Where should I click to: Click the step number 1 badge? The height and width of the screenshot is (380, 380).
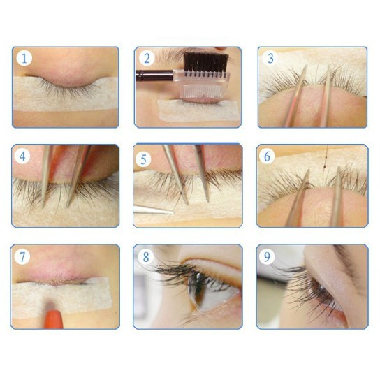click(x=24, y=59)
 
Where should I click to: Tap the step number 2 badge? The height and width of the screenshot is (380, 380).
click(x=147, y=59)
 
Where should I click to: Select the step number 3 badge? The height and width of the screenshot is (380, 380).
click(x=270, y=58)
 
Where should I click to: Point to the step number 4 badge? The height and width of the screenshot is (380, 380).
click(x=22, y=156)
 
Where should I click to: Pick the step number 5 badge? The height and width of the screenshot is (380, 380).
click(x=143, y=159)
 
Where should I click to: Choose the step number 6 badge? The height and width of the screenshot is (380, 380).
click(x=267, y=156)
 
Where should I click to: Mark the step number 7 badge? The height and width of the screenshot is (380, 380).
click(x=22, y=257)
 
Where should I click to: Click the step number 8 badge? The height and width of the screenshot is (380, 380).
click(x=146, y=256)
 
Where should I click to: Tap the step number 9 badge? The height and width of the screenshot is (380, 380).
click(x=267, y=256)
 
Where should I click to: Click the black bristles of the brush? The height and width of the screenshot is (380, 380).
click(x=206, y=62)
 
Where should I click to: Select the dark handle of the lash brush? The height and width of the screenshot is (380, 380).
click(x=154, y=75)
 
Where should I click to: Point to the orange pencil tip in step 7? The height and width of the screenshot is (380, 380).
click(x=54, y=319)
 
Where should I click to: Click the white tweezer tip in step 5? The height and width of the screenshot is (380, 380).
click(x=153, y=210)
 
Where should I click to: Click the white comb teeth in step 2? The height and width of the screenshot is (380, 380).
click(x=203, y=91)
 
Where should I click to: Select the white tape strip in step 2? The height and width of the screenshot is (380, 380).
click(x=199, y=111)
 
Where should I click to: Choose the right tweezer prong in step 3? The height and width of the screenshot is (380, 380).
click(x=327, y=96)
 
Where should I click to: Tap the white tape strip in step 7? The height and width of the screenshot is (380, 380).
click(x=61, y=297)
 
